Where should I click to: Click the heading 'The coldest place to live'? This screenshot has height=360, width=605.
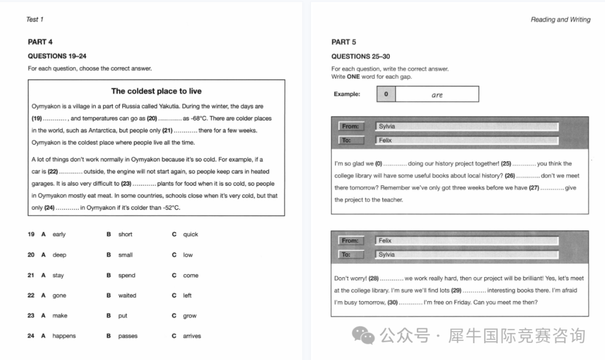click(x=156, y=91)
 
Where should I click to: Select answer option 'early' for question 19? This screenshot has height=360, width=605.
click(x=59, y=235)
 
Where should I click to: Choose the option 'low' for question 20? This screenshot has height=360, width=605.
click(x=188, y=255)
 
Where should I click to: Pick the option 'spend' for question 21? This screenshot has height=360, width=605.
click(x=127, y=275)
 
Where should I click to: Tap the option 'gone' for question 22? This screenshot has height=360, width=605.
click(x=59, y=296)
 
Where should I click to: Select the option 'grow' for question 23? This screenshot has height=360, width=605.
click(x=189, y=316)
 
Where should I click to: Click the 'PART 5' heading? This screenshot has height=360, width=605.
click(x=343, y=42)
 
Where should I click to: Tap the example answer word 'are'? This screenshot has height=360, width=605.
click(x=437, y=95)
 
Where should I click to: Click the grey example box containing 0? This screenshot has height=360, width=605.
click(x=386, y=94)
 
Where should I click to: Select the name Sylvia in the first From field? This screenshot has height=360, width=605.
click(x=387, y=127)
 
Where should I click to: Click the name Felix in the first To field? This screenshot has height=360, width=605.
click(x=385, y=141)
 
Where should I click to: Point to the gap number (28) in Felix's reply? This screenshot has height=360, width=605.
click(x=374, y=278)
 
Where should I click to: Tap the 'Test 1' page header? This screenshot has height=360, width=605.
click(x=35, y=20)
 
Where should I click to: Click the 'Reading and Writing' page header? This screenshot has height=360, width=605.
click(x=560, y=20)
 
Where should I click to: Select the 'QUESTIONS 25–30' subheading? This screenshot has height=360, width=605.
click(x=360, y=57)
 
